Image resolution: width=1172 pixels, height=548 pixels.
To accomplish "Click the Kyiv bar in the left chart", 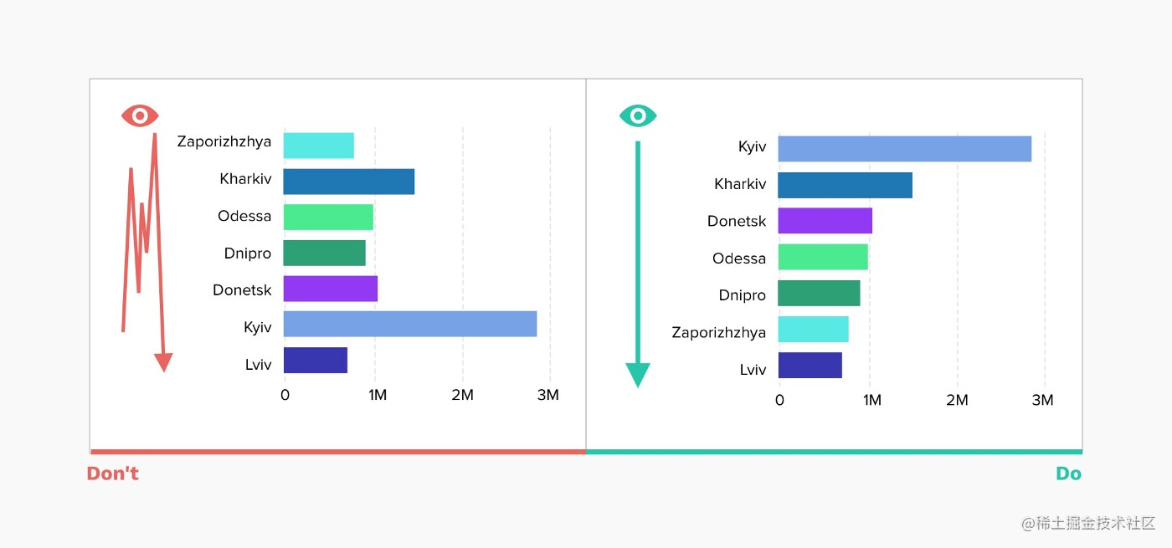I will [x=409, y=325].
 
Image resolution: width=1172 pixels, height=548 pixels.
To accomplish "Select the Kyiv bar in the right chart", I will [x=904, y=149].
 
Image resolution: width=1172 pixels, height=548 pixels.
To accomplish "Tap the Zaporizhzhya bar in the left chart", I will [x=318, y=146].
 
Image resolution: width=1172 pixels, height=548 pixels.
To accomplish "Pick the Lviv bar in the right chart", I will [x=810, y=366].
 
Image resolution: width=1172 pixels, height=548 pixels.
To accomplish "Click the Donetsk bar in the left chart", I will [x=330, y=289].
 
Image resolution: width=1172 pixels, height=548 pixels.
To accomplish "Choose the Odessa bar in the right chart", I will [x=822, y=257].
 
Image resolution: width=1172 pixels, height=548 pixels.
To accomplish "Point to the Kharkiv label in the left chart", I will [x=245, y=179].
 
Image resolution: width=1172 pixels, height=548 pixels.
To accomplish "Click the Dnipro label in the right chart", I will [x=742, y=295].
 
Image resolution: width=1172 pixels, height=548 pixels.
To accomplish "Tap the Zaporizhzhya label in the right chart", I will [x=718, y=333].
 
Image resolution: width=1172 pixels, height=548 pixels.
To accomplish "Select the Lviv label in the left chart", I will [x=257, y=365].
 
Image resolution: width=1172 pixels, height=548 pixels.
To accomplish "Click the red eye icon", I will [x=140, y=115].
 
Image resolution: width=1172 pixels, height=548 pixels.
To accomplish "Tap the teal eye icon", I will [x=638, y=115].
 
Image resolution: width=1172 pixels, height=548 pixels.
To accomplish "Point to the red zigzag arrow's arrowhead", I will [x=163, y=362].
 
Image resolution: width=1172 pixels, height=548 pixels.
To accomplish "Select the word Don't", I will [x=112, y=474].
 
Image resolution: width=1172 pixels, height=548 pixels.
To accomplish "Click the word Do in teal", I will [x=1068, y=474].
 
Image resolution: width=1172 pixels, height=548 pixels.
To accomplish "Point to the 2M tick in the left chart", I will [x=462, y=396].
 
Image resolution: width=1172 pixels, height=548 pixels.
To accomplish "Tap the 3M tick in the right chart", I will [x=1042, y=401].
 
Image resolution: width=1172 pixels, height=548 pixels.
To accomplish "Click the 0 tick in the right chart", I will [x=779, y=401].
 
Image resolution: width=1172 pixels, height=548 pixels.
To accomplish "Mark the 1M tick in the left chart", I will [x=377, y=396].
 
